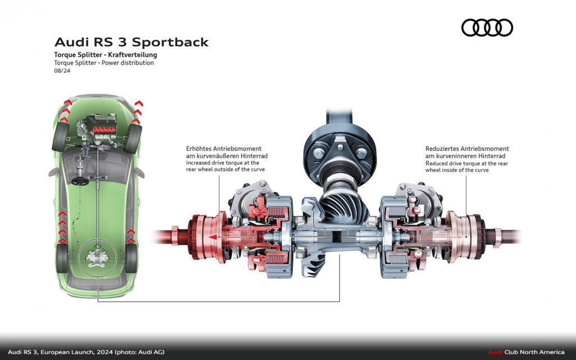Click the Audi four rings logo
(487, 28)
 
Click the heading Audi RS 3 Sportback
(131, 42)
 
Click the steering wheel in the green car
(79, 181)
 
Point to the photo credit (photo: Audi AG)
(139, 352)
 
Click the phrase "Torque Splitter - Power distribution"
(103, 63)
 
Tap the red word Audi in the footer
(494, 352)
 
